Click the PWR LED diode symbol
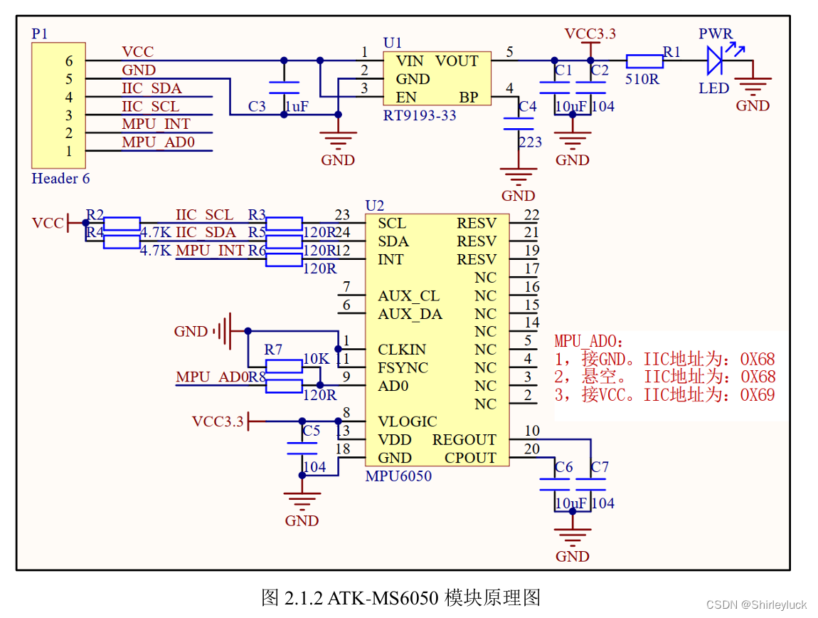(716, 61)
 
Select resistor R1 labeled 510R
(644, 61)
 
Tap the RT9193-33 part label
(420, 115)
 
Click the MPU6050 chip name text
(398, 476)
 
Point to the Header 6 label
(60, 178)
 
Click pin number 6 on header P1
(69, 62)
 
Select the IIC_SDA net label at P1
(152, 88)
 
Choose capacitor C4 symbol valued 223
(519, 123)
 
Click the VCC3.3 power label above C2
(590, 33)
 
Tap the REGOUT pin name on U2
(464, 440)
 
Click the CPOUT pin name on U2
(470, 458)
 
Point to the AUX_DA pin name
(410, 314)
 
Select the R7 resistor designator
(273, 350)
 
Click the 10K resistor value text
(316, 359)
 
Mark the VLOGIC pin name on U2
(407, 421)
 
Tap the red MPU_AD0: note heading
(588, 342)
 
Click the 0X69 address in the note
(758, 395)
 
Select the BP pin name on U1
(469, 97)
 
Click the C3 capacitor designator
(257, 106)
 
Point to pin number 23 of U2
(342, 214)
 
